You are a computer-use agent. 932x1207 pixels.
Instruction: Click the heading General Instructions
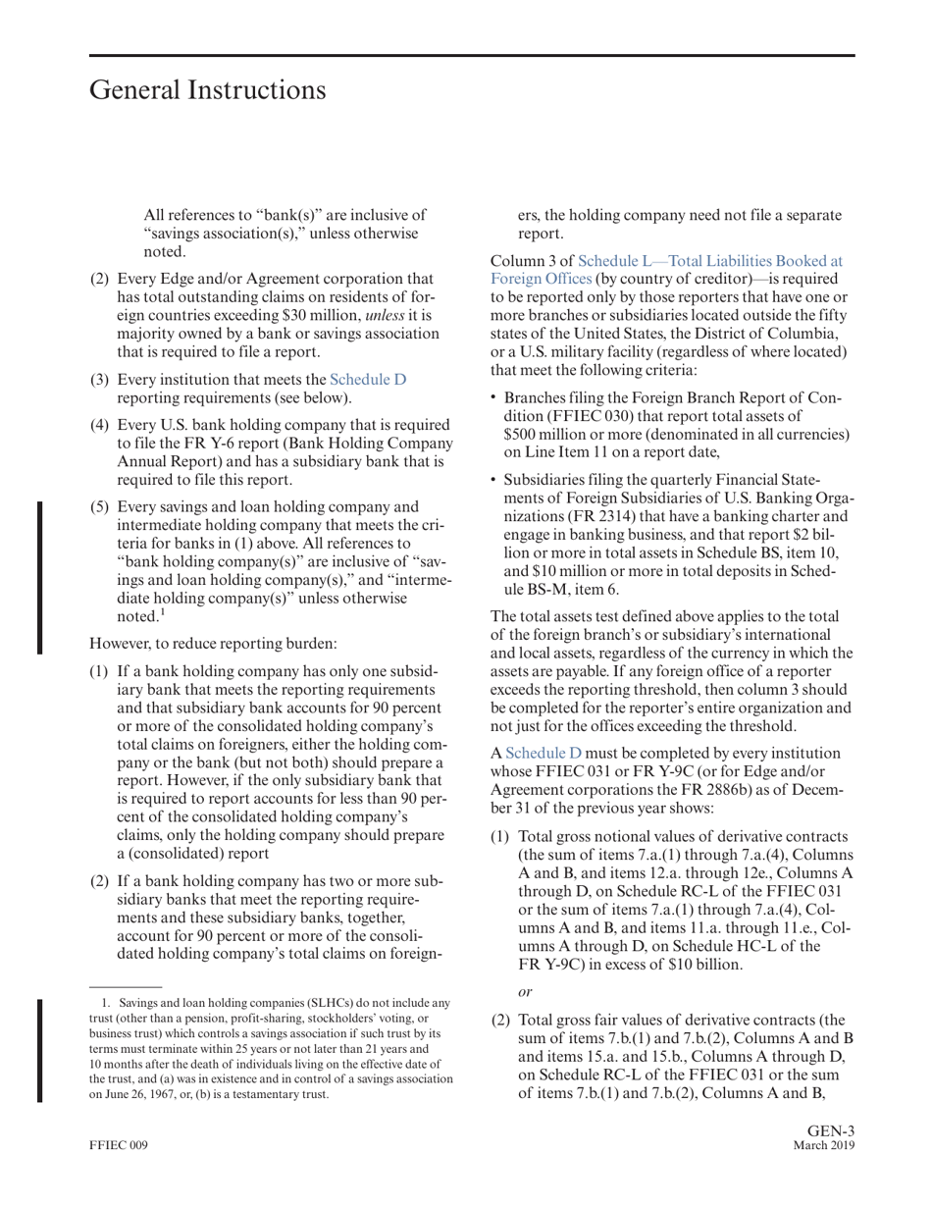point(207,90)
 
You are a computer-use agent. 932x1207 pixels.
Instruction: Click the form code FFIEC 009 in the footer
point(119,1145)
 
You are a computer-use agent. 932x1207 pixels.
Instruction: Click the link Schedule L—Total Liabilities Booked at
point(710,261)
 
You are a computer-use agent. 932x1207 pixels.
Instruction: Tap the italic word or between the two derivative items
point(525,992)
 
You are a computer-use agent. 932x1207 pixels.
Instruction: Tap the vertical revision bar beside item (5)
point(40,577)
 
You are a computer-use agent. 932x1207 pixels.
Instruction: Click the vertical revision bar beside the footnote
point(40,1050)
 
